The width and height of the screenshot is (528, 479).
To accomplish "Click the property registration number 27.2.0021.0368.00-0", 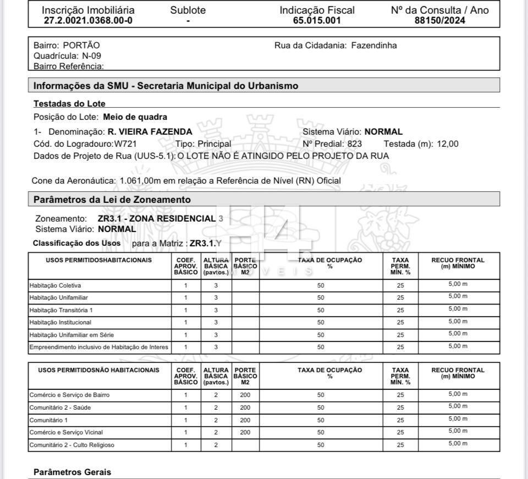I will (x=88, y=21).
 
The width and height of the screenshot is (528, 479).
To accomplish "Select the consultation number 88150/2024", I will (x=440, y=21).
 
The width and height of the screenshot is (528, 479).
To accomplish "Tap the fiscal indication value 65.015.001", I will (x=317, y=21).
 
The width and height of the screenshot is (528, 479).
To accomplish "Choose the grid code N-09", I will (x=91, y=56).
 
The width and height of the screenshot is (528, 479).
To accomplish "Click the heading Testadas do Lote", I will (x=69, y=103).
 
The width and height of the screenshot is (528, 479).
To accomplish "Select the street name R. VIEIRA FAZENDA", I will (x=150, y=132).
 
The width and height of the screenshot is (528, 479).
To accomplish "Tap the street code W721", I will (x=125, y=144).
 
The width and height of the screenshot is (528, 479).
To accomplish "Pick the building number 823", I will (x=355, y=144).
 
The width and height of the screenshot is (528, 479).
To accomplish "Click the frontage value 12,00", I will (x=447, y=144).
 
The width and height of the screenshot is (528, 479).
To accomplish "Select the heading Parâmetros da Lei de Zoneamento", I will (x=112, y=200).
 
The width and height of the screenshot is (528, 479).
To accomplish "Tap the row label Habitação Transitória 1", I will (x=61, y=310).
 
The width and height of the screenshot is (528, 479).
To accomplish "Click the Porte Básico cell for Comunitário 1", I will (x=245, y=420).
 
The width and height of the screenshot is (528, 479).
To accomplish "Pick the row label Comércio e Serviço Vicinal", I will (x=66, y=432).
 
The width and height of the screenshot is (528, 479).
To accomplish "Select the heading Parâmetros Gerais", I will (x=72, y=472).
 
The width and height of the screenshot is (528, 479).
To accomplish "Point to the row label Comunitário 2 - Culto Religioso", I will (x=72, y=445).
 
